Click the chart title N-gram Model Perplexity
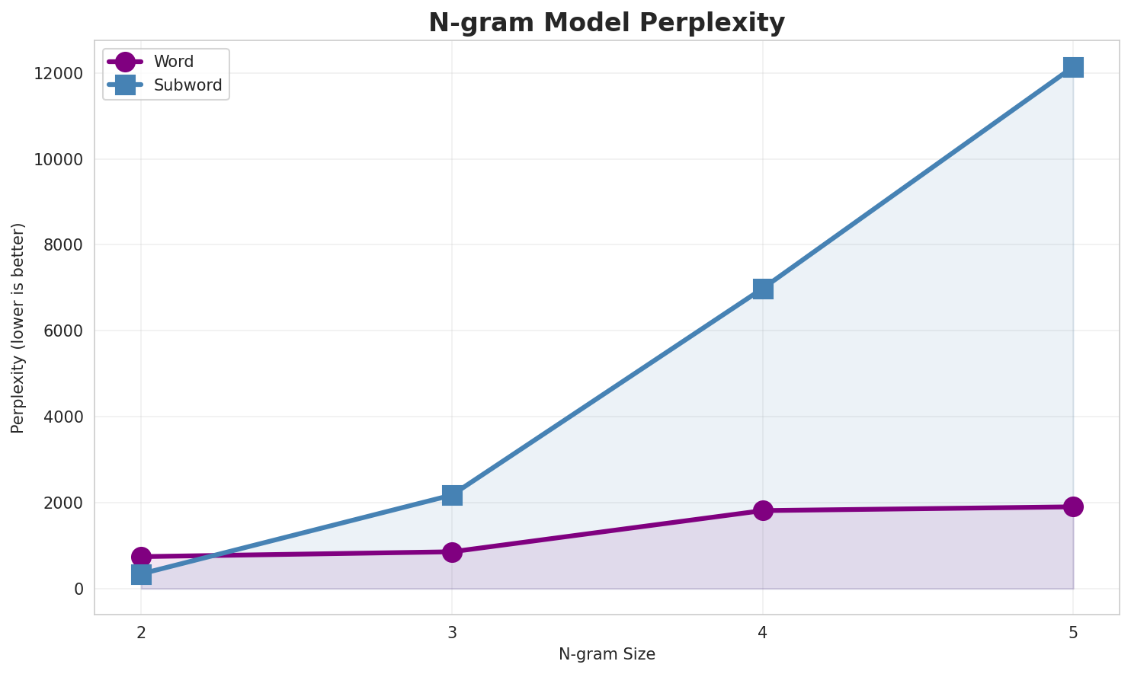click(x=606, y=23)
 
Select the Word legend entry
click(x=173, y=62)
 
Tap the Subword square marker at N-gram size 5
click(x=1073, y=67)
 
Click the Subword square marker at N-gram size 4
click(x=763, y=289)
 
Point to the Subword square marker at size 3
click(x=452, y=495)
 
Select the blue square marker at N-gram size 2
click(x=141, y=574)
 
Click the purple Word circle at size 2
click(x=141, y=557)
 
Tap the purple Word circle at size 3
click(x=452, y=552)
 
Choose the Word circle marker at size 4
click(x=763, y=510)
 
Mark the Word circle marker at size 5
click(x=1073, y=506)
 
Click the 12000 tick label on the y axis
click(x=58, y=74)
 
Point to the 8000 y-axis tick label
click(x=62, y=245)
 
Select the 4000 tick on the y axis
click(x=62, y=417)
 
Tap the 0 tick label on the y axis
click(x=78, y=589)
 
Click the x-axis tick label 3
click(x=452, y=632)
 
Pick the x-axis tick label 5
click(x=1073, y=632)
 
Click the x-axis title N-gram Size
click(x=607, y=654)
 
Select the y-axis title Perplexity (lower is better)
click(x=18, y=327)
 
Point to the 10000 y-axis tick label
click(x=58, y=160)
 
